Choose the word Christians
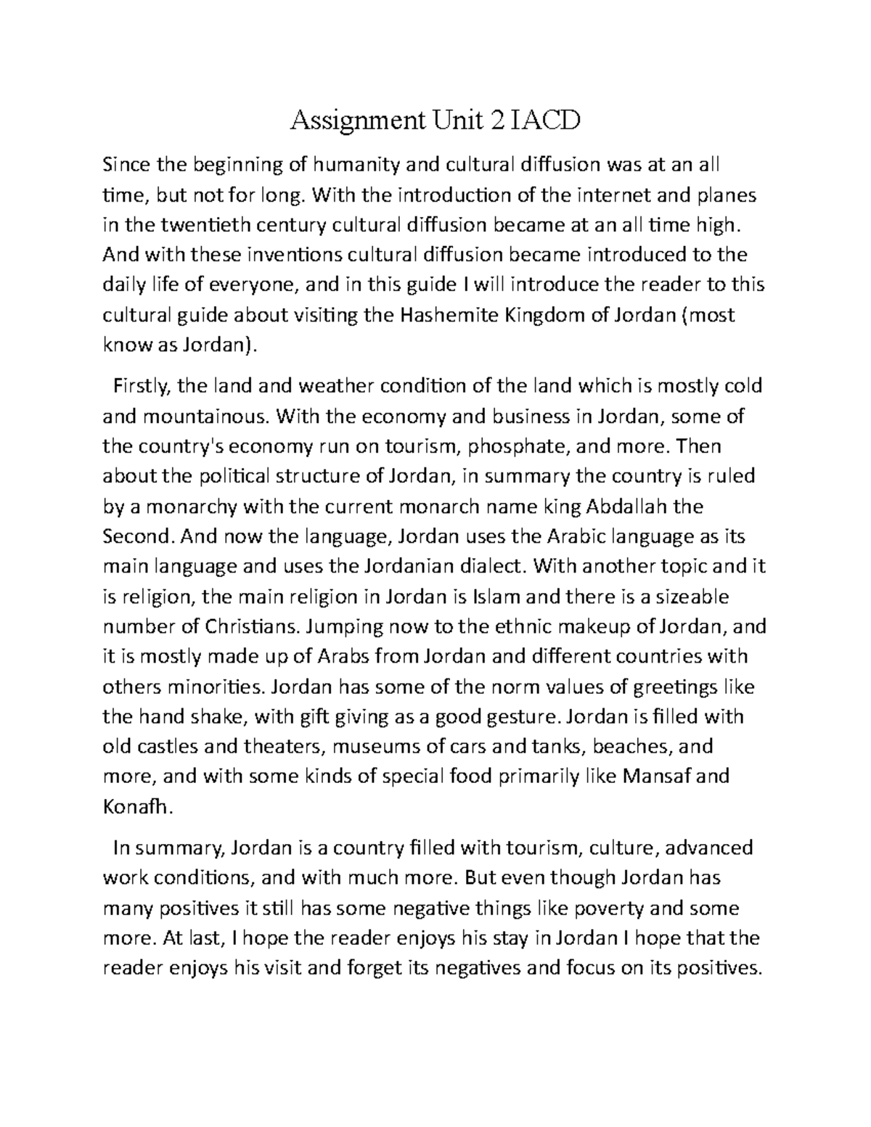coord(242,626)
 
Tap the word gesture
coord(527,716)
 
